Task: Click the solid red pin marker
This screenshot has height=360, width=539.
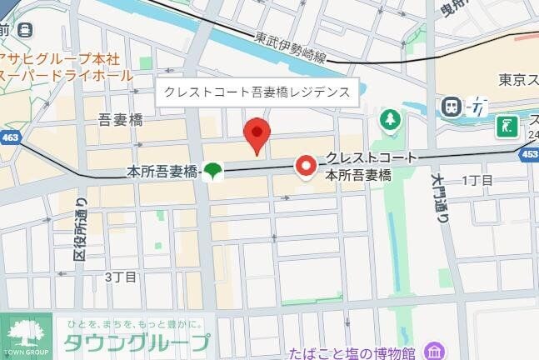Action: [x=257, y=135]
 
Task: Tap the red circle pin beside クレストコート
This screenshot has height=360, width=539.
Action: [x=307, y=167]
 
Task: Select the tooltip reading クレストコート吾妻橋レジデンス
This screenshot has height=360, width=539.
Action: [x=257, y=92]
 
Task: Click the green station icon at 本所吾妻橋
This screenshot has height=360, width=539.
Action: [x=213, y=172]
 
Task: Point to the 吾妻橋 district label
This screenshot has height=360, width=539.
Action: [x=120, y=120]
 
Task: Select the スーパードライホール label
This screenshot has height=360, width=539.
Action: [x=67, y=75]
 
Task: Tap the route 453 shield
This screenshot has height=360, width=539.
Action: [x=529, y=154]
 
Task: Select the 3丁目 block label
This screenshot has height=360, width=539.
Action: [x=121, y=276]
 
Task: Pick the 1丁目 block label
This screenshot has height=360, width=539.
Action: [x=477, y=180]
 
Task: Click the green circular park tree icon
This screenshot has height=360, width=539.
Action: [x=390, y=121]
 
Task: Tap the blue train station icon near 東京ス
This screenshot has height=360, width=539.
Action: [x=452, y=106]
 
